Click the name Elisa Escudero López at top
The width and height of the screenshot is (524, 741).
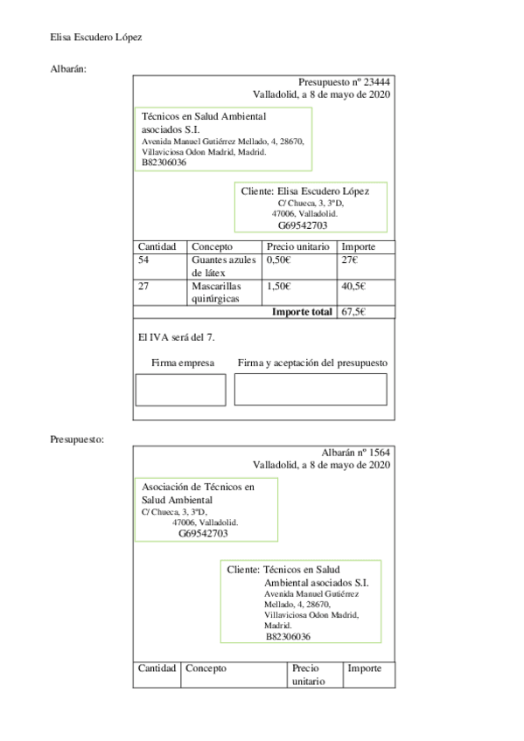(96, 38)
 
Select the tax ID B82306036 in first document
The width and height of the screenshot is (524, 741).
(164, 163)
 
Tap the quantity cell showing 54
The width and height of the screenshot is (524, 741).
(144, 260)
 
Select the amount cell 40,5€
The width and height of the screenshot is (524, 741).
(353, 286)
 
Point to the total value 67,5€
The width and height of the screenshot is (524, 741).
(353, 312)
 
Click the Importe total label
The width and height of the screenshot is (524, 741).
(302, 312)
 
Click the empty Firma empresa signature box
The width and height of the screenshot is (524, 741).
(180, 389)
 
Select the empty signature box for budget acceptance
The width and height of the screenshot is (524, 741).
(310, 389)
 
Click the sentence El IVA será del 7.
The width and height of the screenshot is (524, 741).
(177, 337)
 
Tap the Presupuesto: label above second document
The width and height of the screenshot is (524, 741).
(77, 439)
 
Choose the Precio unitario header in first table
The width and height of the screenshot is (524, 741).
(297, 247)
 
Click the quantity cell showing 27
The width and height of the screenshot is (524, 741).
(144, 286)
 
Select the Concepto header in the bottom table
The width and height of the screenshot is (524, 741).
(206, 668)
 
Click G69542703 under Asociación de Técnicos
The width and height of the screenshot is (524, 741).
(204, 533)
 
